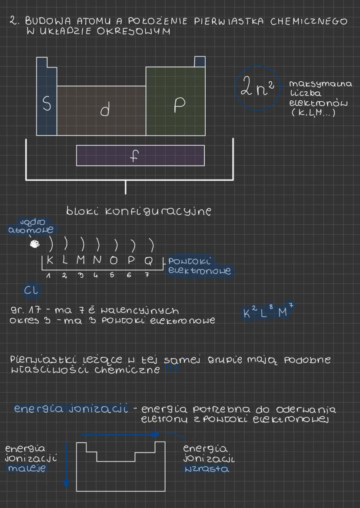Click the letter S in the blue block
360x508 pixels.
46,103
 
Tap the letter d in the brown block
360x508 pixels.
104,111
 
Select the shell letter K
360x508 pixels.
50,262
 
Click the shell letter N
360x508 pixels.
97,262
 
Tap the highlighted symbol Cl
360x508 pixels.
30,290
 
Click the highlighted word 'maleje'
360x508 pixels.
31,468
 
